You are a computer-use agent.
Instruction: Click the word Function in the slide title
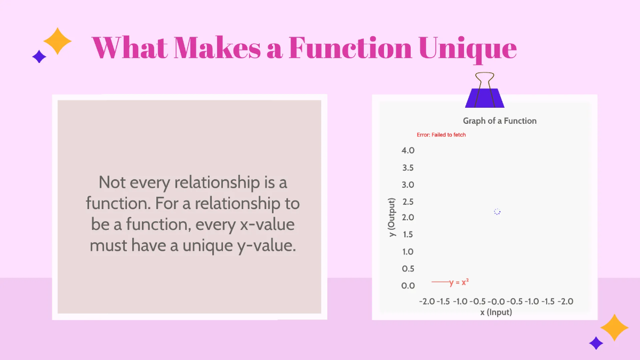pos(350,48)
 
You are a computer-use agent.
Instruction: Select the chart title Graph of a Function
pos(500,121)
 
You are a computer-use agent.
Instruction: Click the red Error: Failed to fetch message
pos(441,135)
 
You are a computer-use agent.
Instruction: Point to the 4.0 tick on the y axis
pos(408,150)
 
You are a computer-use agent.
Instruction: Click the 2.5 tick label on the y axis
pos(408,202)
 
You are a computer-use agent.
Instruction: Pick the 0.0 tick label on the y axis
pos(408,285)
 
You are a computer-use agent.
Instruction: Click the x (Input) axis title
pos(496,312)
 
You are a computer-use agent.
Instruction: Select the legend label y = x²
pos(459,282)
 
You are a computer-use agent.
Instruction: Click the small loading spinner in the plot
pos(497,212)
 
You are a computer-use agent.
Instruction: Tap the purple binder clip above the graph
pos(485,91)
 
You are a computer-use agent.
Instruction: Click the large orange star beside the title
pos(57,41)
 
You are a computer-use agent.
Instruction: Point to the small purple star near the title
pos(39,57)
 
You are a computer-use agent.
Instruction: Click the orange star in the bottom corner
pos(614,327)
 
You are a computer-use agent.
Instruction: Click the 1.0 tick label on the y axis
pos(408,252)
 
